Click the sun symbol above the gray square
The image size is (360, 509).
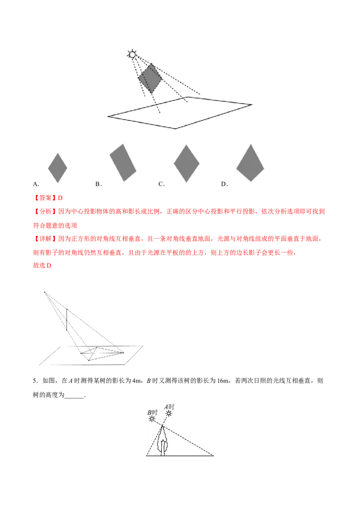point(132,54)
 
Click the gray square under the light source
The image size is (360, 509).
point(150,78)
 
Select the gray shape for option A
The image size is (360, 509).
point(58,168)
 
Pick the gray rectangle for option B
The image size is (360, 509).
point(123,162)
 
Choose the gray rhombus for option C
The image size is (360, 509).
point(186,163)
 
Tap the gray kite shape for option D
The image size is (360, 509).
point(250,163)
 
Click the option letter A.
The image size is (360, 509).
point(35,184)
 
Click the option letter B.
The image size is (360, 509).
point(98,184)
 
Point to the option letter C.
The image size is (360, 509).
point(161,184)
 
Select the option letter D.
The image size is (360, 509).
point(224,184)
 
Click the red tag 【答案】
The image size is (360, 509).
point(45,198)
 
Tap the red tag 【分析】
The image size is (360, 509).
point(45,212)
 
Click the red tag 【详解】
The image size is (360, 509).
point(45,239)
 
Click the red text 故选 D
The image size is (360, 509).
point(42,266)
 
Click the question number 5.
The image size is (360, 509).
point(35,381)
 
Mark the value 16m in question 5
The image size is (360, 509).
point(223,381)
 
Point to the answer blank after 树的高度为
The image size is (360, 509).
point(74,395)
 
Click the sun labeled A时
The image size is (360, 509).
point(169,413)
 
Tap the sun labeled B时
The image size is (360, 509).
point(152,419)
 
